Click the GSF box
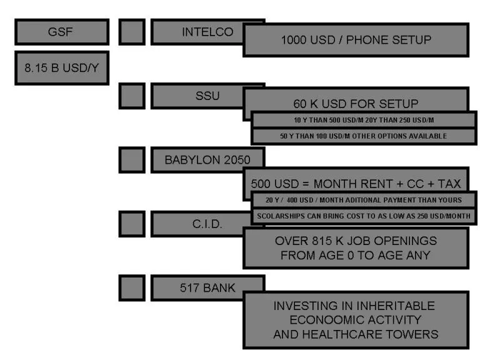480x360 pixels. pyautogui.click(x=61, y=32)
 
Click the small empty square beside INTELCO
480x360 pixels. pyautogui.click(x=131, y=32)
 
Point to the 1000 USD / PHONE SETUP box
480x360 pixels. pyautogui.click(x=355, y=41)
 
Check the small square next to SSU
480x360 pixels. pyautogui.click(x=131, y=96)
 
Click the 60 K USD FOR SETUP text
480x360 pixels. pyautogui.click(x=355, y=103)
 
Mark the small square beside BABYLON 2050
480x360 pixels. pyautogui.click(x=131, y=160)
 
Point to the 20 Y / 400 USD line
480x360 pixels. pyautogui.click(x=364, y=199)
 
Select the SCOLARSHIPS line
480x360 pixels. pyautogui.click(x=364, y=216)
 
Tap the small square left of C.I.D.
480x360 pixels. pyautogui.click(x=131, y=223)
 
